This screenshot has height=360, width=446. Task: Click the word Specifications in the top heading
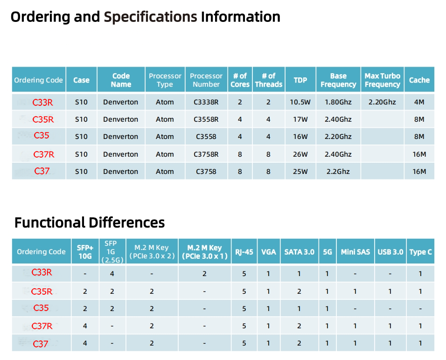click(x=150, y=17)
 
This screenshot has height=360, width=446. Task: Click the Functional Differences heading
click(x=89, y=222)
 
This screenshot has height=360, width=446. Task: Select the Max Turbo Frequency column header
click(x=382, y=80)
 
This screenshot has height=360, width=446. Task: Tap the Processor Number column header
click(x=206, y=80)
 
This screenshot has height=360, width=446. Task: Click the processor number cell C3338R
click(x=206, y=102)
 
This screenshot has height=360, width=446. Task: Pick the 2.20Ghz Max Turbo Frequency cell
click(x=382, y=102)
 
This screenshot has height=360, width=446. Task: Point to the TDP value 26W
click(x=300, y=154)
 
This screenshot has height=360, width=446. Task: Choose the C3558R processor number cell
click(x=206, y=119)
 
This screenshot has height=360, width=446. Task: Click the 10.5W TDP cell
click(x=300, y=102)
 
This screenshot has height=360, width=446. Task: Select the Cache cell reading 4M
click(x=419, y=102)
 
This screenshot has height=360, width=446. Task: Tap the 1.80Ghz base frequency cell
click(x=338, y=102)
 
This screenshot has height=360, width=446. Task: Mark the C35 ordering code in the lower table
click(x=41, y=308)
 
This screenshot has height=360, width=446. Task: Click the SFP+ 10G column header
click(x=85, y=252)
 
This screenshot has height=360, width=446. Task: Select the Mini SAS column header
click(x=355, y=252)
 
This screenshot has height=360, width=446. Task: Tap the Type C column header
click(x=420, y=252)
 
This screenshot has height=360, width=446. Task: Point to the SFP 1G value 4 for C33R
click(x=112, y=274)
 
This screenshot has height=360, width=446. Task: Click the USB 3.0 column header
click(x=390, y=252)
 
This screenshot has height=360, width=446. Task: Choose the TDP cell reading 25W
click(x=300, y=172)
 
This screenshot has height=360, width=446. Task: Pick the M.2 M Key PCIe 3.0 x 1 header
click(x=204, y=252)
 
